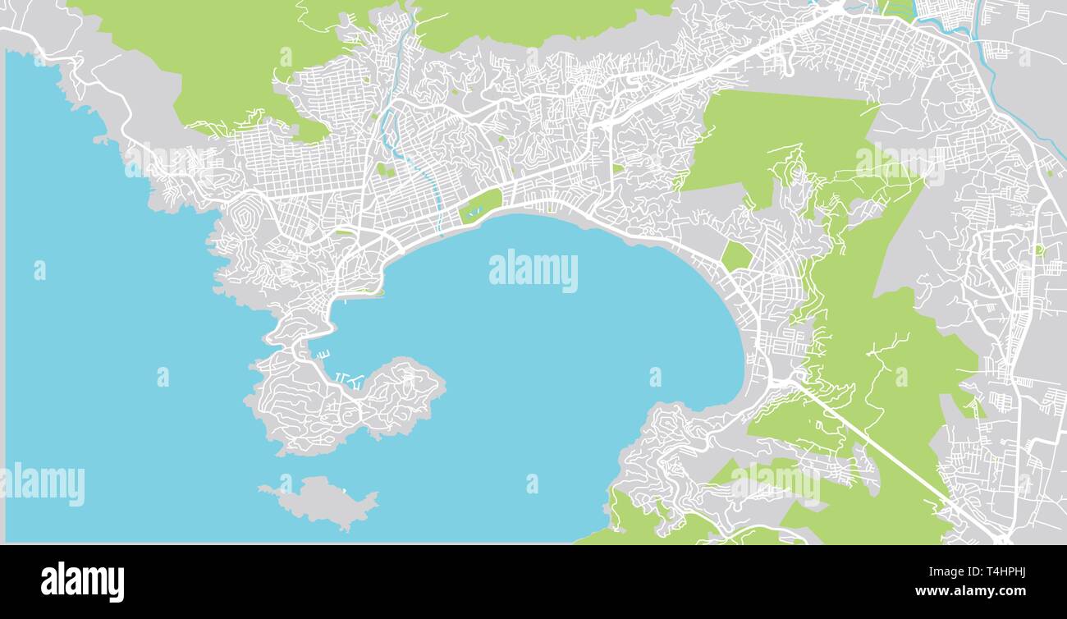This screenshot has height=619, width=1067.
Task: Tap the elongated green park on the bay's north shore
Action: (x=480, y=205)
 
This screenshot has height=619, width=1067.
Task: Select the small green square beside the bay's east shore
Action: (x=736, y=257)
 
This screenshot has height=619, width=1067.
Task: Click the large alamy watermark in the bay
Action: (x=533, y=271)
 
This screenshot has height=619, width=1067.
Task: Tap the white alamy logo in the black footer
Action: (x=82, y=581)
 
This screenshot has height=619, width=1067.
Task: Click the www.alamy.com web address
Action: (x=971, y=591)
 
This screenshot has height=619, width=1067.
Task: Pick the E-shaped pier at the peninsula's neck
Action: (x=323, y=354)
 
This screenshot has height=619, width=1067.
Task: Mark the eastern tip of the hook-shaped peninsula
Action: (x=442, y=383)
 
